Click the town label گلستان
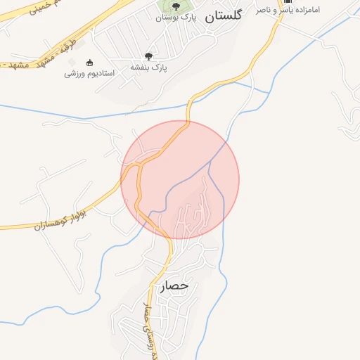[x=223, y=19]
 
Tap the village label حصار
[x=174, y=286]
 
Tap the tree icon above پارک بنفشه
[x=148, y=56]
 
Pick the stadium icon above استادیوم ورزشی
[x=89, y=62]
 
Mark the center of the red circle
[x=180, y=179]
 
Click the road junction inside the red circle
[x=141, y=165]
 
